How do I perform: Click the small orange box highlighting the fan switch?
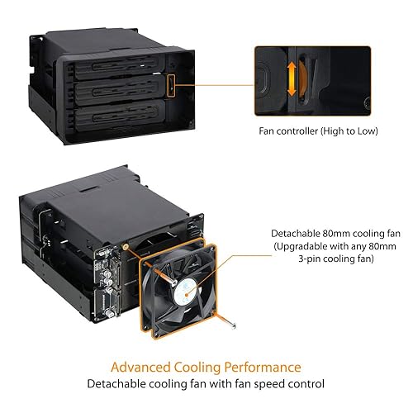pyautogui.click(x=170, y=86)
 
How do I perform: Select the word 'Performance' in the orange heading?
pyautogui.click(x=267, y=367)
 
